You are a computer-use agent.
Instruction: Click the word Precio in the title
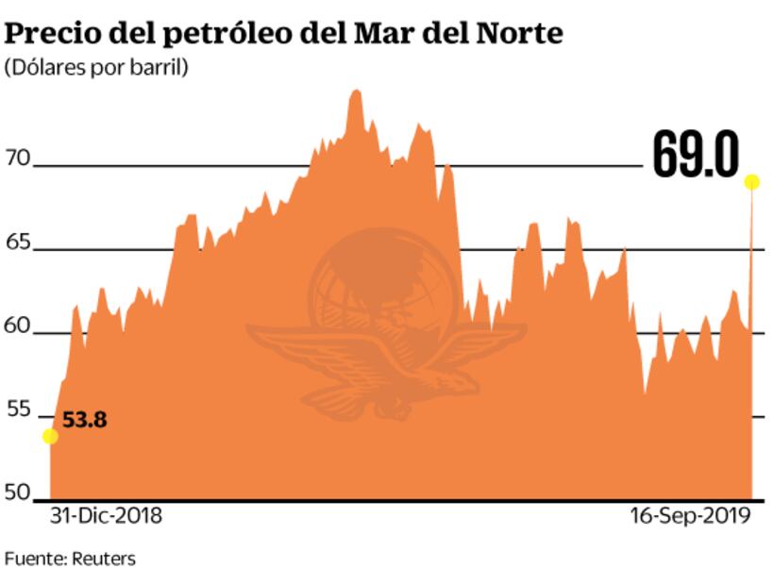(x=47, y=35)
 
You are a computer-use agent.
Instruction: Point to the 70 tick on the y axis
(x=18, y=159)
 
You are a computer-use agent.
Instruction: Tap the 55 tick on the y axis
(x=18, y=410)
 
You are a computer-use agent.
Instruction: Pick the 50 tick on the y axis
(x=18, y=493)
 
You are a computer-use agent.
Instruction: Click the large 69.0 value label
(x=696, y=156)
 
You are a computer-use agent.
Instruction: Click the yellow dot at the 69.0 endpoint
(x=752, y=182)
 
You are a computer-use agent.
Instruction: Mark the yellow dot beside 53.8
(x=50, y=436)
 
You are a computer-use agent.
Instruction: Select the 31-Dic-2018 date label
(x=105, y=517)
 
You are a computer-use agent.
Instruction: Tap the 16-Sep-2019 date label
(x=689, y=517)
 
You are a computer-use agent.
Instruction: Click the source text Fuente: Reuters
(x=70, y=559)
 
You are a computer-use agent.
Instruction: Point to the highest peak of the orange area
(x=356, y=92)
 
